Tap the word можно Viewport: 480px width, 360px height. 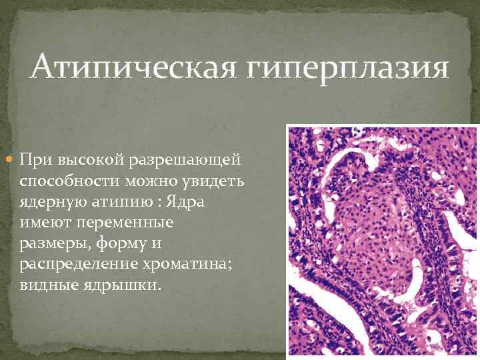pyautogui.click(x=144, y=181)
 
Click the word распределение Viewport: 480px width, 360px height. pyautogui.click(x=75, y=264)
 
